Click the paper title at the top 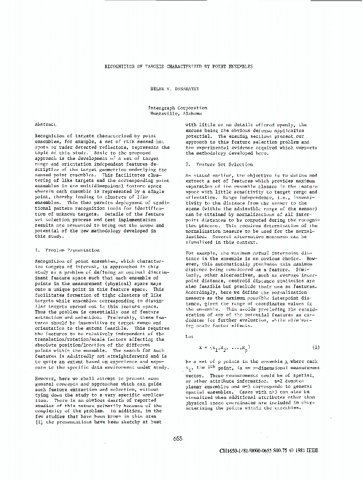tap(179, 67)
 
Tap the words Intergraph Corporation tap(178, 108)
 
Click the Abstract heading tap(46, 124)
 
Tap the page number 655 tap(178, 438)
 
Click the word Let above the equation tap(189, 336)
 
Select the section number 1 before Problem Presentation tap(37, 250)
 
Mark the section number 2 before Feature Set tap(187, 164)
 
